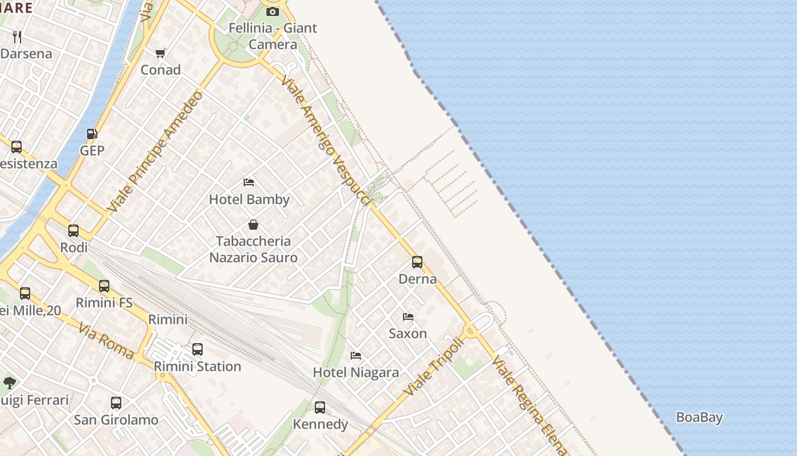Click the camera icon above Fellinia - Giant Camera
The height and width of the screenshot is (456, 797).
click(x=273, y=11)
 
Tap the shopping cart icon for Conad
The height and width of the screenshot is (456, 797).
click(x=161, y=53)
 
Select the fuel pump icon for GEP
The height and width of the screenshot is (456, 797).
click(x=92, y=134)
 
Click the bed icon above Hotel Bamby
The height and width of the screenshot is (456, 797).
click(x=249, y=182)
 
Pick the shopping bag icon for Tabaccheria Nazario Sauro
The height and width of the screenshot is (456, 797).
click(x=253, y=225)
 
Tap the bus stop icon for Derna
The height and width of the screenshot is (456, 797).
click(x=417, y=262)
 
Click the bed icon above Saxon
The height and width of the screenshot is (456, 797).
click(x=408, y=316)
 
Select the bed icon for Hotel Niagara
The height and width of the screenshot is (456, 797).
click(x=356, y=356)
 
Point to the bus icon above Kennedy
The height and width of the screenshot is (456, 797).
click(x=320, y=408)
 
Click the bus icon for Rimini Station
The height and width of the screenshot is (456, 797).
click(x=198, y=349)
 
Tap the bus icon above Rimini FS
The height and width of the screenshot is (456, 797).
click(x=104, y=286)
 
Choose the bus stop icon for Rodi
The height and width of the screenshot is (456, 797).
click(x=73, y=231)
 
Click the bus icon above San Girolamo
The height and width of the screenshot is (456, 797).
click(x=116, y=403)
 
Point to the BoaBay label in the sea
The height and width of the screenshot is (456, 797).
click(x=699, y=417)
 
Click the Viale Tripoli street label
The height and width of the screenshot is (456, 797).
click(x=433, y=368)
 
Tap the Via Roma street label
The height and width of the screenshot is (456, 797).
click(x=106, y=341)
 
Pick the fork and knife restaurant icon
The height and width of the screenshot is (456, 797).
click(x=17, y=37)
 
